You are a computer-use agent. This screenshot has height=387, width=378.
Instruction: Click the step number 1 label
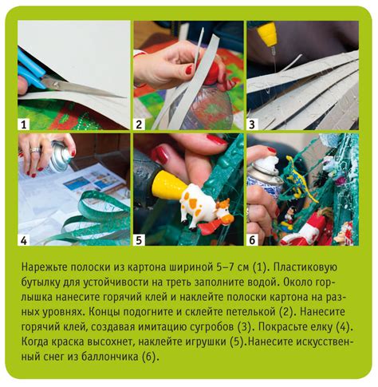(24, 124)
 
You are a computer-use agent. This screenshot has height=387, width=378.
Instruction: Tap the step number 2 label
(139, 124)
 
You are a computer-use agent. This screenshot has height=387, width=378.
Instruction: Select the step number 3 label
(252, 124)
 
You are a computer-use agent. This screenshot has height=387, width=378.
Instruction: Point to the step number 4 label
(24, 240)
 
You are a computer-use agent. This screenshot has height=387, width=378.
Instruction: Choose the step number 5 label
(139, 240)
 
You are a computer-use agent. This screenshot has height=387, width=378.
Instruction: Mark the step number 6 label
(252, 240)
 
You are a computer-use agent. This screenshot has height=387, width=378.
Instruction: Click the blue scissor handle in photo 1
(30, 69)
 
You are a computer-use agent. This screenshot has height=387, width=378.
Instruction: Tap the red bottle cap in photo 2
(213, 73)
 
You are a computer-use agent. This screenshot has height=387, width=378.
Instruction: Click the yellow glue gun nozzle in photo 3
(266, 34)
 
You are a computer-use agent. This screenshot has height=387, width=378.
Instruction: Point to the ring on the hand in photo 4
(35, 150)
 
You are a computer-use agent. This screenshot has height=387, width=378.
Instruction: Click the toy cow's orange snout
(227, 218)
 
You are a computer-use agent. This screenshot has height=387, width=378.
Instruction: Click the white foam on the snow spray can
(270, 163)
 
